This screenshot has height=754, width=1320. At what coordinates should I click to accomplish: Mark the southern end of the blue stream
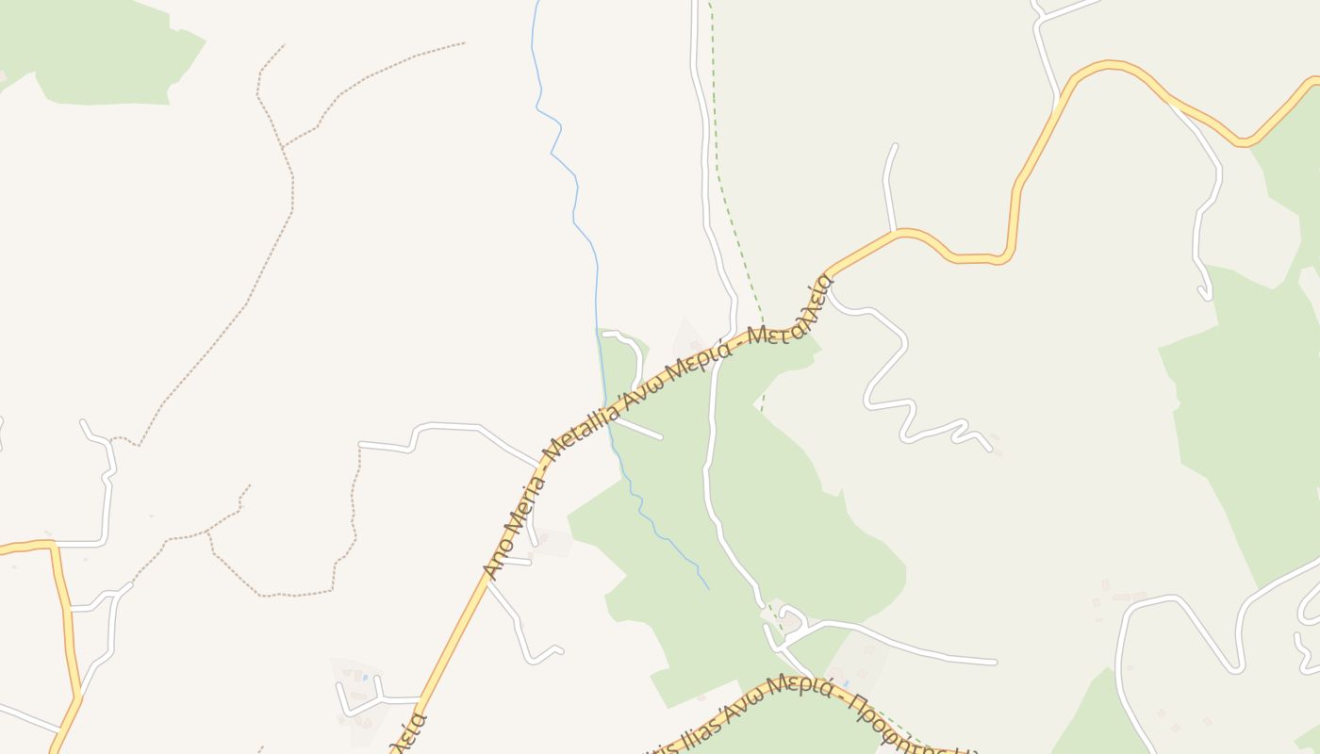pos(708,589)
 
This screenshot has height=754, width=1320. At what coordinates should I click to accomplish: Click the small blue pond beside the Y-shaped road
pos(364,677)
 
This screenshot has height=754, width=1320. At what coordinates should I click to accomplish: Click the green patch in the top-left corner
pos(104,57)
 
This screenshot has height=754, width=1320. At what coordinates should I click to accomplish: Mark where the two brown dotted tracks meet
pos(283,146)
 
